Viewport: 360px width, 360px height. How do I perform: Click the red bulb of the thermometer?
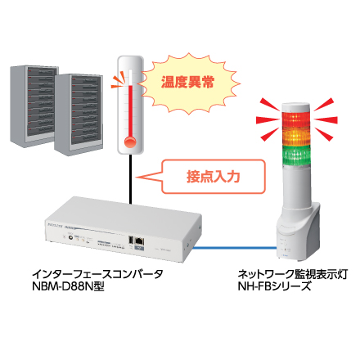(130, 142)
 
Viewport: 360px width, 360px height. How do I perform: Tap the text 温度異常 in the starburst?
(187, 82)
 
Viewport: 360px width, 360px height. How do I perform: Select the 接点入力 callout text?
(213, 177)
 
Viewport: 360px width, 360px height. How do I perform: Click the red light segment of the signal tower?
(296, 119)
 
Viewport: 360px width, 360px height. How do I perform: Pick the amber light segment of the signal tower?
(296, 137)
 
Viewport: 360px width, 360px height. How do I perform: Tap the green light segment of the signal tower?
(296, 155)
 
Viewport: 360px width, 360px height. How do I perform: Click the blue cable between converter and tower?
(234, 248)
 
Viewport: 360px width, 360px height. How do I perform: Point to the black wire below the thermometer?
(131, 179)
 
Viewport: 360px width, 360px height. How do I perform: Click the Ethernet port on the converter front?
(140, 241)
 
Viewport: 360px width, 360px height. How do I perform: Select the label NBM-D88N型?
(68, 286)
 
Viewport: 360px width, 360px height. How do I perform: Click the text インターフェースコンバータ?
(97, 273)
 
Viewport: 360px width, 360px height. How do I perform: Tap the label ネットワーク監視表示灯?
(293, 274)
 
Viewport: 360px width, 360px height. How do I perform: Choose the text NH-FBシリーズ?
(274, 286)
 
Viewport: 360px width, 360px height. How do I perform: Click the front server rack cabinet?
(79, 115)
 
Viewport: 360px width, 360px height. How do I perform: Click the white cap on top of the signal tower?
(296, 107)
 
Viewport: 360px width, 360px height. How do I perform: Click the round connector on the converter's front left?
(70, 237)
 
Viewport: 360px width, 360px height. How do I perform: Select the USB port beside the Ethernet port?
(131, 240)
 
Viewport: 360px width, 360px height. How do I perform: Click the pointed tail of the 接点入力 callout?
(137, 178)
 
